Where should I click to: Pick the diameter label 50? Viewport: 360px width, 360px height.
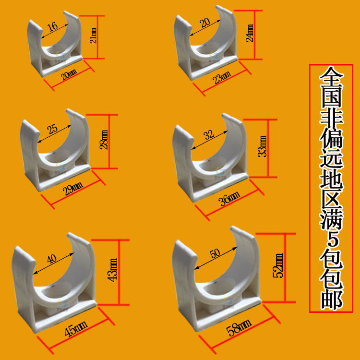tap(215, 253)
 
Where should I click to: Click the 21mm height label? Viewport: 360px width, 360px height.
tap(94, 35)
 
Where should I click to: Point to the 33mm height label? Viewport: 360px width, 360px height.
tap(262, 144)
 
